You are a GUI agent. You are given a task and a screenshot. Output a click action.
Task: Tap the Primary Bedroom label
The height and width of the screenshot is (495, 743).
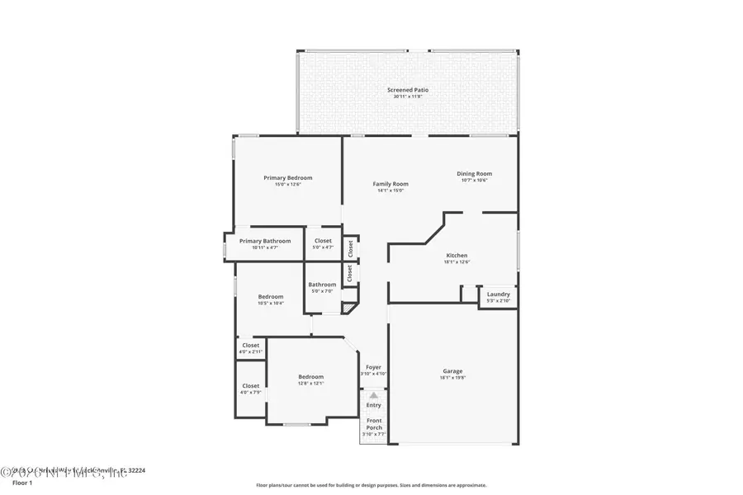[288, 177]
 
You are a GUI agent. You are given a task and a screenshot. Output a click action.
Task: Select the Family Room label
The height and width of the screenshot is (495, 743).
[390, 184]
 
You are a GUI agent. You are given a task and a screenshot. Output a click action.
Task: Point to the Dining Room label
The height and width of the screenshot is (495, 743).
[475, 173]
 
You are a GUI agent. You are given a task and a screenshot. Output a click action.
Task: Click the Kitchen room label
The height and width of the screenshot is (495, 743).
[457, 256]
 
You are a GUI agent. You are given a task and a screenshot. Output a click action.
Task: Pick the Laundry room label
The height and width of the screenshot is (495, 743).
[499, 294]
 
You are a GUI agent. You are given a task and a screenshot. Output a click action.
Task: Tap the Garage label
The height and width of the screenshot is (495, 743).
[452, 371]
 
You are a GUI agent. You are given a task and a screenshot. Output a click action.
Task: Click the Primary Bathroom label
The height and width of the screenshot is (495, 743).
[265, 241]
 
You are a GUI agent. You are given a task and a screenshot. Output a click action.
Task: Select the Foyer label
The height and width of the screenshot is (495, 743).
[373, 367]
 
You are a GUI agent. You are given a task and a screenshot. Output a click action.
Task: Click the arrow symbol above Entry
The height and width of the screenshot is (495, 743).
[373, 396]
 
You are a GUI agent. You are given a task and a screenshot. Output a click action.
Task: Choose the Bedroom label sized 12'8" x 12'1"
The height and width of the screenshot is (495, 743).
[311, 377]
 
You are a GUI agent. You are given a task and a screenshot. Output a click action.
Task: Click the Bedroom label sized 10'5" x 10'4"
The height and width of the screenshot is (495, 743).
[271, 297]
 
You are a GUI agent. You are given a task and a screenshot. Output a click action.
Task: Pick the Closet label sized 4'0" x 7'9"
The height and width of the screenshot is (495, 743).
[251, 386]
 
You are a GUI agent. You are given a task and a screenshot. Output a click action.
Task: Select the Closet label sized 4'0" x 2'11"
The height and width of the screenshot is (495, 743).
[251, 346]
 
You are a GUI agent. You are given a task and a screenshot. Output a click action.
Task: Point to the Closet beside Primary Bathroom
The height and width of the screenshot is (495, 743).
[323, 241]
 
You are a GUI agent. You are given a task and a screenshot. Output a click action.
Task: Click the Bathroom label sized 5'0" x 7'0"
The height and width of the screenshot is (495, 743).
[323, 285]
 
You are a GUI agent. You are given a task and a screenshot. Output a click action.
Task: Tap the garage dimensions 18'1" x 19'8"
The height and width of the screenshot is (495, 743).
[452, 379]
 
